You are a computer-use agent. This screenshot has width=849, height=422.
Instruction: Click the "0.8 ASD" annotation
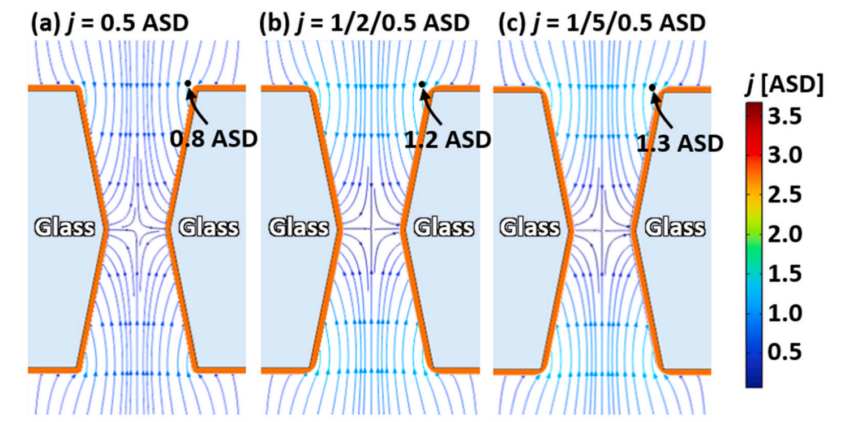tap(214, 139)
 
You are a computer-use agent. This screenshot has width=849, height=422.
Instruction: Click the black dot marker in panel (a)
tap(188, 83)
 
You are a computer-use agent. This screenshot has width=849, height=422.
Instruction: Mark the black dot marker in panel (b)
tap(422, 84)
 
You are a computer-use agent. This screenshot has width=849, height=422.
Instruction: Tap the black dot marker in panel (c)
tap(653, 87)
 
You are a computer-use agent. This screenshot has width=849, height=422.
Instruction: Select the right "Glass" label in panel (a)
tap(209, 227)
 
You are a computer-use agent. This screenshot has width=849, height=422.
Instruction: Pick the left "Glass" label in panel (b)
tap(298, 227)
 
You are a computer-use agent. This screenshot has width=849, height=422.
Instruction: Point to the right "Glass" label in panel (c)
tap(675, 227)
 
